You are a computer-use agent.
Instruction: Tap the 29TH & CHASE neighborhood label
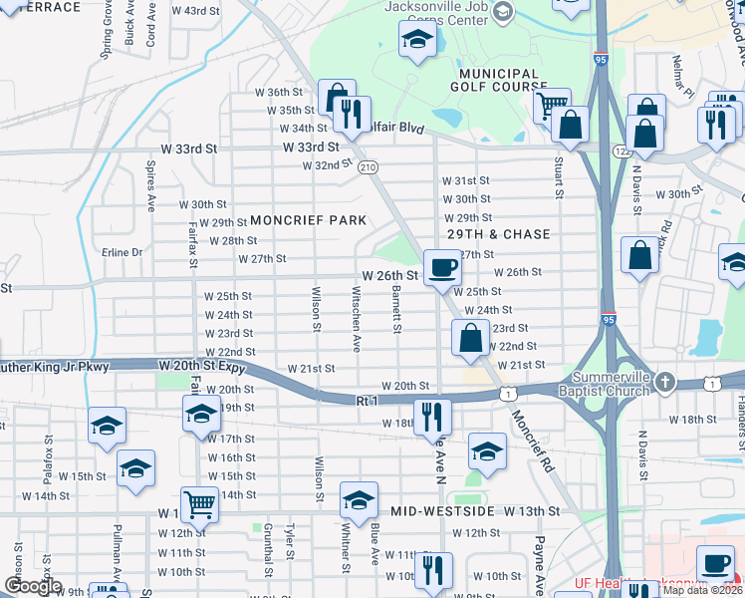498,234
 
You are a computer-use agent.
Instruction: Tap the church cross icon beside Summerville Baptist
666,382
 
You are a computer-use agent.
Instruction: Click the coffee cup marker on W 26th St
441,267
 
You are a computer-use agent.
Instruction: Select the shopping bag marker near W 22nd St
470,338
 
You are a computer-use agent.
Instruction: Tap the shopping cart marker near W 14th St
199,505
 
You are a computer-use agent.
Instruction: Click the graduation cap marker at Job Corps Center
416,41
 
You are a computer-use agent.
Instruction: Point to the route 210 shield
369,166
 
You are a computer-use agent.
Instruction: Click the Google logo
33,586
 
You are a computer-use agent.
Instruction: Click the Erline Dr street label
123,252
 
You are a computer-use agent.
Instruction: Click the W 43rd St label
195,10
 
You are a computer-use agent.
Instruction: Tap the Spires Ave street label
151,186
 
